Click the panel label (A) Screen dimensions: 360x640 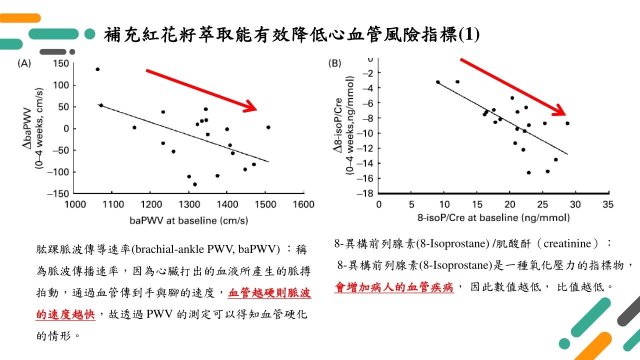click(x=24, y=63)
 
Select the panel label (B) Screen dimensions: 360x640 click(x=334, y=63)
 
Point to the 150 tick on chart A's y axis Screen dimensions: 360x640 click(x=60, y=63)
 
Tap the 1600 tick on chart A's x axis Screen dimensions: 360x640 click(x=303, y=204)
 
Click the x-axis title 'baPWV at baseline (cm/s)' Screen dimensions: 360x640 click(x=189, y=220)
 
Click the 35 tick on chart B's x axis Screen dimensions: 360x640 click(x=608, y=204)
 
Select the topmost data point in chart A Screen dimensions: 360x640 click(x=97, y=69)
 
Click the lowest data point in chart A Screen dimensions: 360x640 click(x=194, y=184)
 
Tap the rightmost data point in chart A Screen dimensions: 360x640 click(x=268, y=127)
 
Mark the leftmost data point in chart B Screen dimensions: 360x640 click(x=438, y=82)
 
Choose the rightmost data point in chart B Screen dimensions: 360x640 click(x=567, y=123)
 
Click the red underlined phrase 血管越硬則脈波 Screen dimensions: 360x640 click(x=269, y=293)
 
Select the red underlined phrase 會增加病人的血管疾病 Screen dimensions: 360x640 click(x=393, y=287)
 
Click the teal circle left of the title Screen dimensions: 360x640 click(x=90, y=34)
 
